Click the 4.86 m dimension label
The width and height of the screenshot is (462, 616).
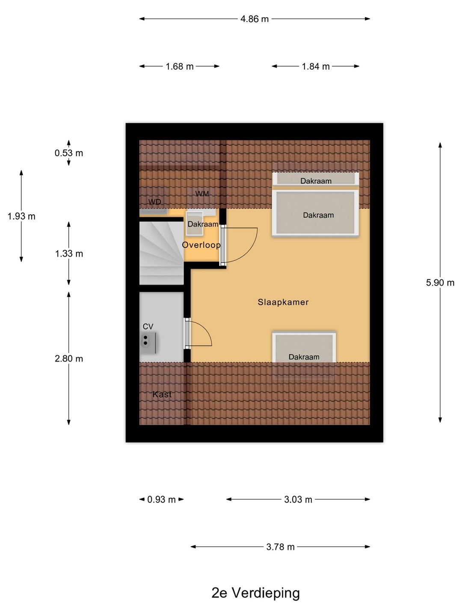[x=255, y=19]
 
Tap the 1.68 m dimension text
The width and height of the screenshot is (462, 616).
[x=180, y=66]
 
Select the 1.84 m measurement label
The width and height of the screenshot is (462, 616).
[x=316, y=66]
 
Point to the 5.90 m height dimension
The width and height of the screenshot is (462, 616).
[x=440, y=283]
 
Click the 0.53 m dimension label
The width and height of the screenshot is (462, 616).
[x=69, y=153]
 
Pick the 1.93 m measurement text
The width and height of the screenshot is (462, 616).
[x=21, y=216]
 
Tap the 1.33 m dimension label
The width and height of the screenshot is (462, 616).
[x=69, y=254]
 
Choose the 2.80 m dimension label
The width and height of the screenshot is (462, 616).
[x=69, y=358]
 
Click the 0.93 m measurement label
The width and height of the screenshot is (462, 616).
[x=161, y=500]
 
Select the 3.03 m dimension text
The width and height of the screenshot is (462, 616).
[x=298, y=500]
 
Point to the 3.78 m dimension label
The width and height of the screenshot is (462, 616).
[x=280, y=547]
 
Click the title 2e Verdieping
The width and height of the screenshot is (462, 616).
[x=255, y=593]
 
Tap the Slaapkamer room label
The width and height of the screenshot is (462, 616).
[x=283, y=302]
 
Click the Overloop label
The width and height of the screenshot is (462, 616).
[x=201, y=245]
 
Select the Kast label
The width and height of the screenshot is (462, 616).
[x=162, y=394]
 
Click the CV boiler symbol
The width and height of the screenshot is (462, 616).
[x=148, y=343]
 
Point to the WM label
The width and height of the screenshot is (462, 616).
[x=202, y=194]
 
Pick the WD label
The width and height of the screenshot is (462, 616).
[x=154, y=202]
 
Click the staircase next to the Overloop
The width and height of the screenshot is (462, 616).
[x=162, y=253]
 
